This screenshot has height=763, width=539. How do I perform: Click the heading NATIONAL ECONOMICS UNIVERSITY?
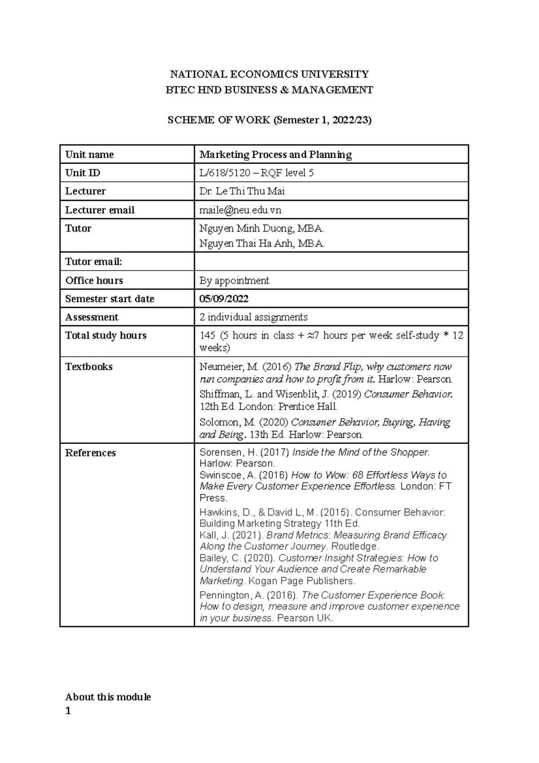click(x=269, y=74)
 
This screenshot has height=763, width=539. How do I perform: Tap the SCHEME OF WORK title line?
click(x=269, y=120)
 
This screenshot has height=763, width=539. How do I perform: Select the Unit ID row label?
click(x=83, y=173)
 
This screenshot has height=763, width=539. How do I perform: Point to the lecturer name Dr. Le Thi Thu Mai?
click(x=242, y=191)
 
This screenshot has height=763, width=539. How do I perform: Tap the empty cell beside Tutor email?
click(x=331, y=262)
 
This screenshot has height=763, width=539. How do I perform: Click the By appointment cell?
click(x=234, y=281)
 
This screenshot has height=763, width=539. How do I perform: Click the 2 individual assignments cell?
click(x=253, y=317)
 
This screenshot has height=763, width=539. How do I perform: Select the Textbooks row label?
click(x=89, y=367)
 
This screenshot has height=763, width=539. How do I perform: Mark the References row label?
click(x=90, y=453)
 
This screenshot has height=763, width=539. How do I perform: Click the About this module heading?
click(x=108, y=697)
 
